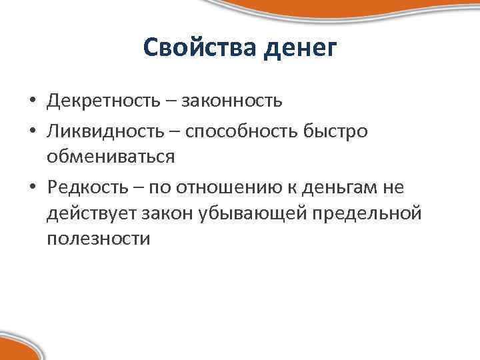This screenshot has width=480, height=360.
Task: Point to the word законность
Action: coord(231,101)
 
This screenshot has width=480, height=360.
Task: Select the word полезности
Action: coord(99,238)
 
